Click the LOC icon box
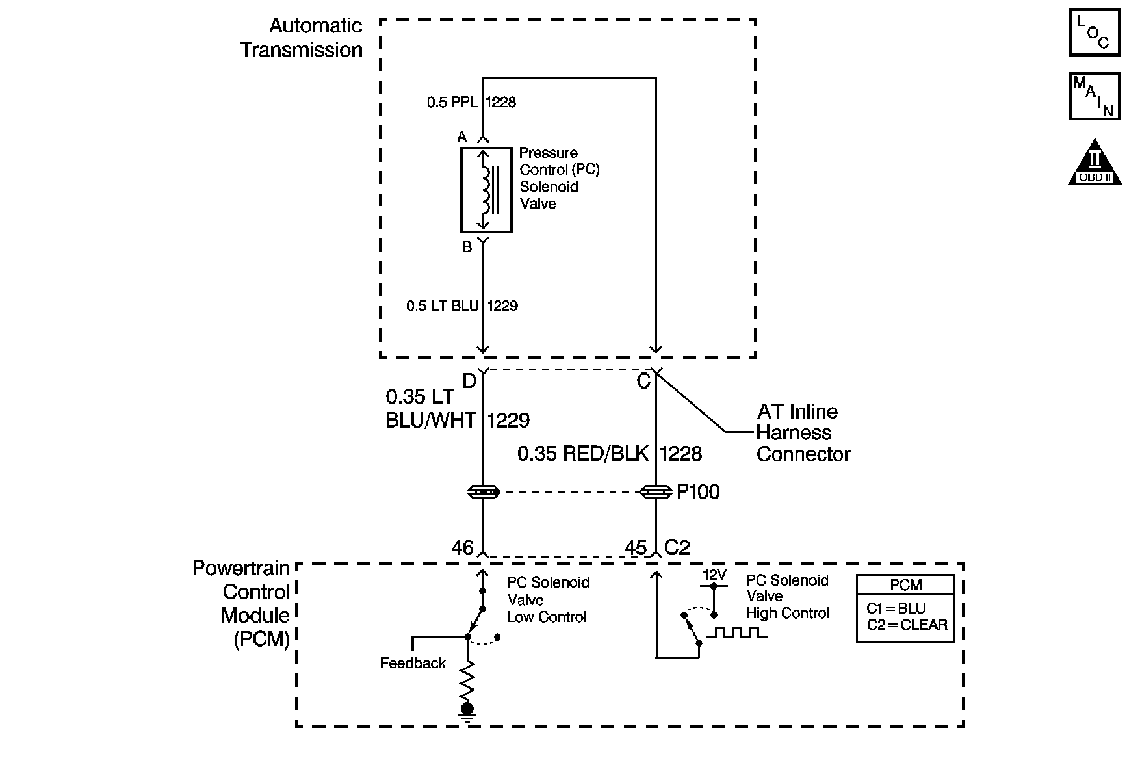click(x=1095, y=32)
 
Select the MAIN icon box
click(x=1095, y=96)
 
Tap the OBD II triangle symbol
click(x=1095, y=162)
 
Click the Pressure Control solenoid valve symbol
click(x=487, y=190)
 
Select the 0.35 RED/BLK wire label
click(x=583, y=454)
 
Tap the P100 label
click(x=698, y=492)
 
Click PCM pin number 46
click(x=463, y=548)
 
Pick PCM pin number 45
click(x=636, y=548)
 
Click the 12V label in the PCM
click(x=714, y=575)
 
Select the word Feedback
click(x=413, y=663)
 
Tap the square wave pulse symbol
click(x=736, y=632)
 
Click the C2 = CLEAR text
click(x=907, y=625)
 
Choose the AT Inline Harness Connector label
click(x=803, y=433)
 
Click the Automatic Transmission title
click(x=302, y=38)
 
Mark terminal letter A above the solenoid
click(x=462, y=137)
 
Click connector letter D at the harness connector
click(x=469, y=381)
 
